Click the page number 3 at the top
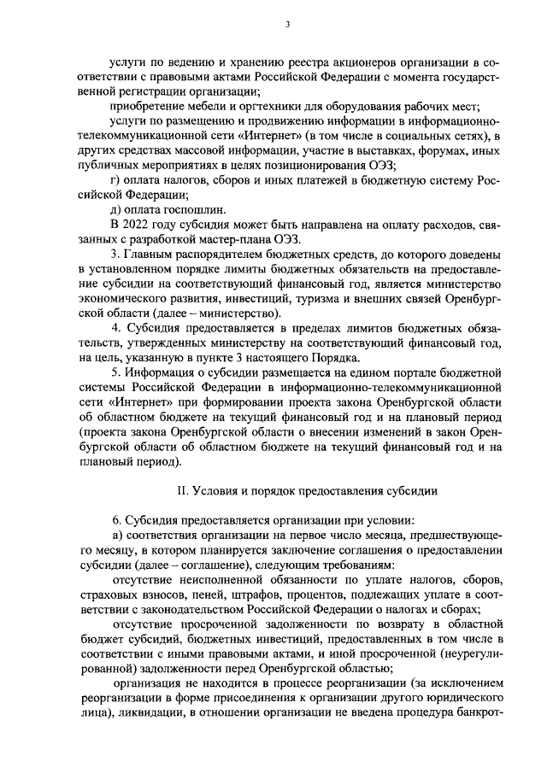click(288, 25)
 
